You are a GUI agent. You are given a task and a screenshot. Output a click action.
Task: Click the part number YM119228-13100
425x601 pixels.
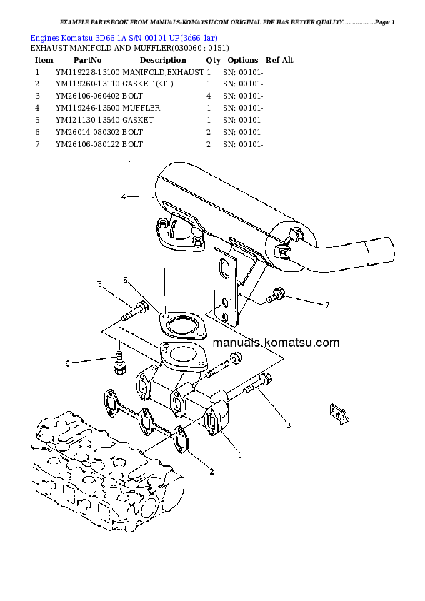coord(87,72)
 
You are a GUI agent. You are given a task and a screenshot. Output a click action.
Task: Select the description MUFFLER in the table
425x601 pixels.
coord(141,108)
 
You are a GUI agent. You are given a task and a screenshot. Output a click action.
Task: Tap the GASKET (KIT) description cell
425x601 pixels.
coord(147,84)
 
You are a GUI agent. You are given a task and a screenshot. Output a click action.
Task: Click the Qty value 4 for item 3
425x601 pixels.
coord(209,96)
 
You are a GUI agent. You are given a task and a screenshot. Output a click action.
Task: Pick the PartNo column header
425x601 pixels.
coord(87,60)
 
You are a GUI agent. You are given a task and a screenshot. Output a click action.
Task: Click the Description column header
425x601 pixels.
coord(163,60)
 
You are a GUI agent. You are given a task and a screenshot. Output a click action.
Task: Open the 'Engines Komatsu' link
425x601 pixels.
coord(61,38)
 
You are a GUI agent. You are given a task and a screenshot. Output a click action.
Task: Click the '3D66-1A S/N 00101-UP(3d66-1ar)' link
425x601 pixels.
coord(156,38)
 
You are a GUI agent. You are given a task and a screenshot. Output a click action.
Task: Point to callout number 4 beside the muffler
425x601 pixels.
coord(124,197)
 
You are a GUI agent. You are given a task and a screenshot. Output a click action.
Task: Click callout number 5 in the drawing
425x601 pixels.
coord(126,281)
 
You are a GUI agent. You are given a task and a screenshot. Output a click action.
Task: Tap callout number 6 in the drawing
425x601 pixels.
coord(68,363)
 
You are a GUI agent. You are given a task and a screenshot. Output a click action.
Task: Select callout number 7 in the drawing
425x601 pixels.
coord(327,305)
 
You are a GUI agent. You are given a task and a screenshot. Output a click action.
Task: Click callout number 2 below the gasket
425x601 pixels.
coord(211,472)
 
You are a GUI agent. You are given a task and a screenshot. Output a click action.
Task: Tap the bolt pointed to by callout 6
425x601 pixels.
coord(119,363)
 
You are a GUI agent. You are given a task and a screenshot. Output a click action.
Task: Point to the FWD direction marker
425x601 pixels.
coord(339,414)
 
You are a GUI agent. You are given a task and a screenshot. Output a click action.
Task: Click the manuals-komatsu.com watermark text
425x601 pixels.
coord(276,343)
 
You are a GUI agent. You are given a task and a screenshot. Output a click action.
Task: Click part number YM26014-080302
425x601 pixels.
coord(87,132)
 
